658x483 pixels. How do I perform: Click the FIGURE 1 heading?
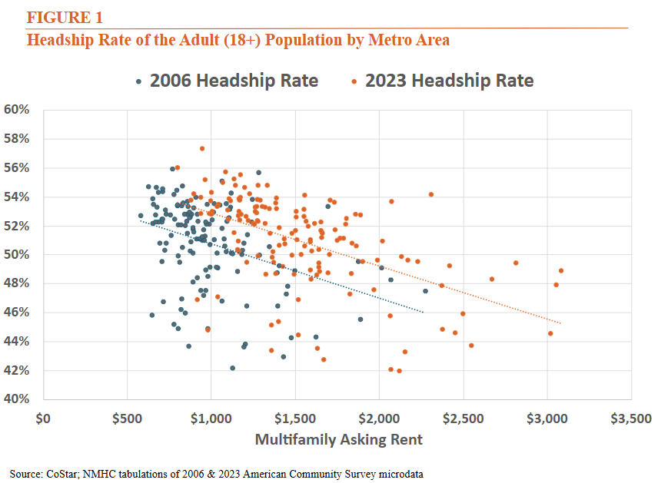[x=65, y=17]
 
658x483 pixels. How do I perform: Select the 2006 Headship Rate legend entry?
[x=226, y=81]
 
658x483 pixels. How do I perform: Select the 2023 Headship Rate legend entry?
[x=441, y=81]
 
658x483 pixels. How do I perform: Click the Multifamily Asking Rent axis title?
[x=338, y=440]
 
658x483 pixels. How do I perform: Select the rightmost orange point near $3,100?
[x=561, y=270]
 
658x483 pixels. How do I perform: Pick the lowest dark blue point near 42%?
[x=232, y=369]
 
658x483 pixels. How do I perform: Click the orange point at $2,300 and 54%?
[x=430, y=194]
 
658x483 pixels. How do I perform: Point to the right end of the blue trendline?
[x=424, y=312]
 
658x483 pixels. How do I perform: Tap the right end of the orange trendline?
[x=561, y=323]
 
